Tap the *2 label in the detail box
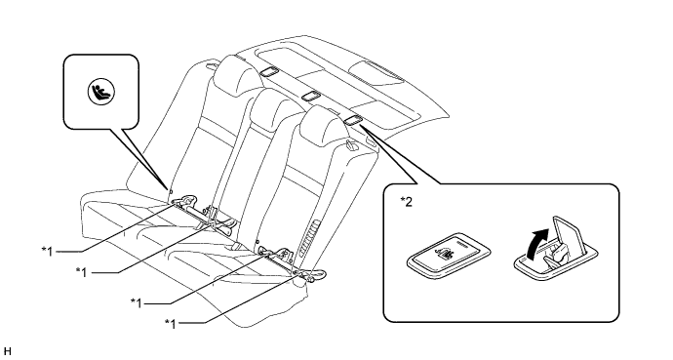pos(407,203)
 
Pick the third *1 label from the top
pos(137,301)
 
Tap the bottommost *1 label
pos(172,321)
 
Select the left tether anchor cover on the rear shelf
pos(266,71)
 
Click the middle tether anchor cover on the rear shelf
pos(311,95)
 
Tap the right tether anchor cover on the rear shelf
pos(354,118)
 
